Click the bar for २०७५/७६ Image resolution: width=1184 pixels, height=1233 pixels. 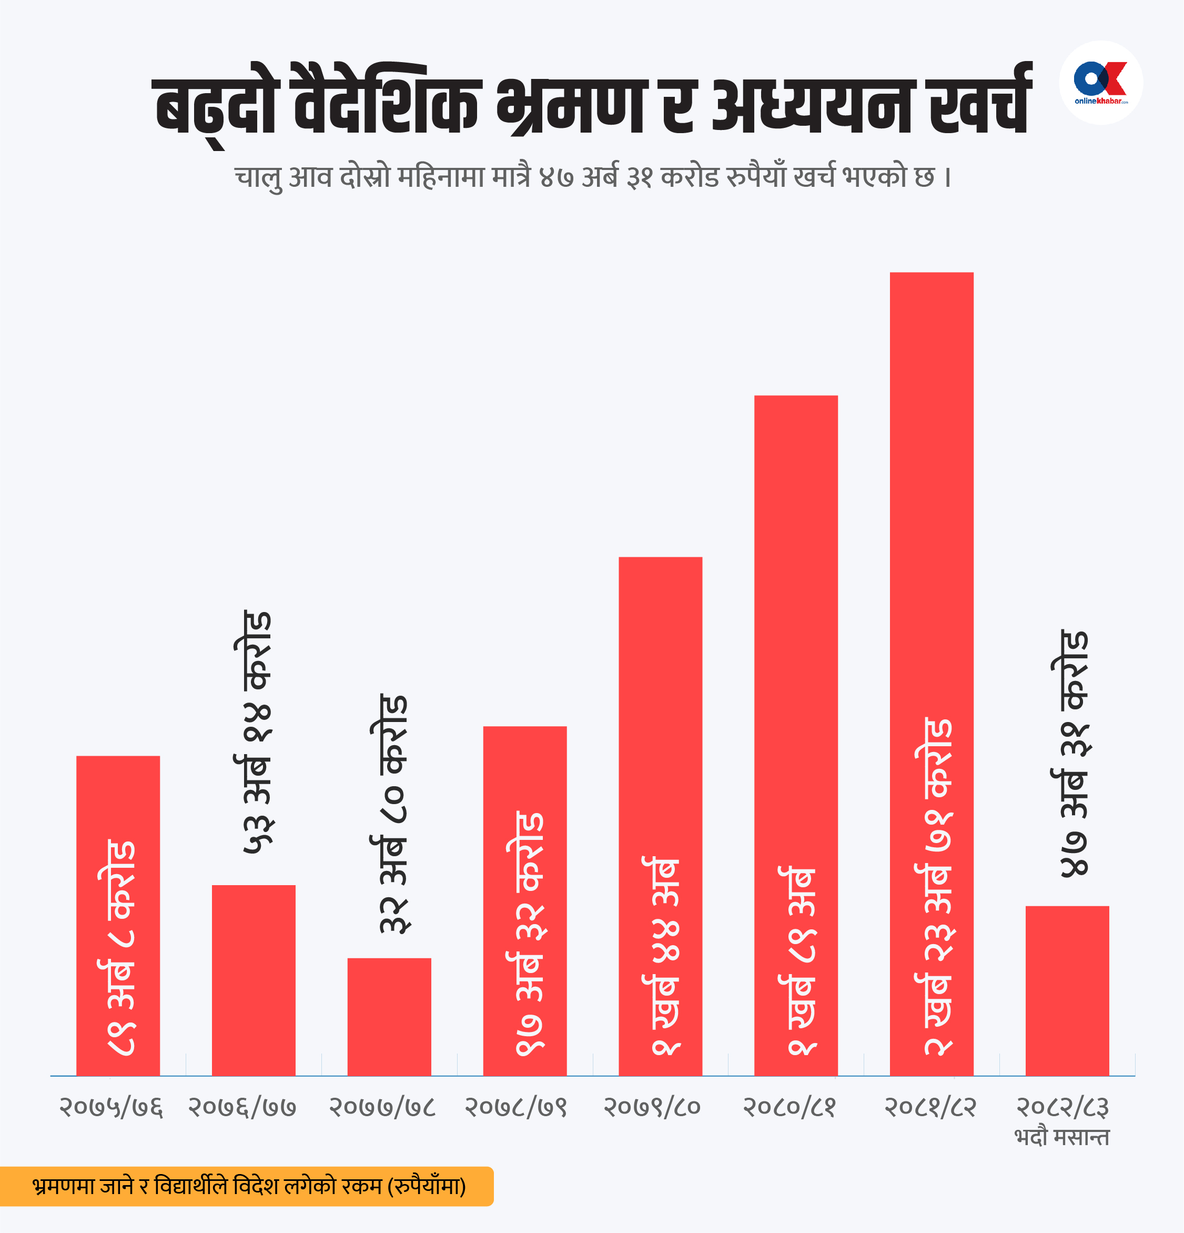coord(118,915)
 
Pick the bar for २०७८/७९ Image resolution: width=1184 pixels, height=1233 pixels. coord(524,901)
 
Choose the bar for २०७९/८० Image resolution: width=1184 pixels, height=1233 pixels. coord(660,816)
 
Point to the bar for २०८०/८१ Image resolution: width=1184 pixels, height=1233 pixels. coord(795,735)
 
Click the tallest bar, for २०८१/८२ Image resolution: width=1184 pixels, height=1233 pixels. coord(931,674)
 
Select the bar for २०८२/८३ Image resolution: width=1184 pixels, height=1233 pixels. coord(1067,991)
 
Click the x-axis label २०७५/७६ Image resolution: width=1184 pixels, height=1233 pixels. coord(112,1107)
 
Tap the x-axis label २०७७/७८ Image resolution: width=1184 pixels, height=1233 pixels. coord(382,1107)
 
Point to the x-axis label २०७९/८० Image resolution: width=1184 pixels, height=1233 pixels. coord(652,1107)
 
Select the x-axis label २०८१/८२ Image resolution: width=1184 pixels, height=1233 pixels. coord(930,1107)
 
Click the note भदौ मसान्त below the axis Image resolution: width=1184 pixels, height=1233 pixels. coord(1062,1137)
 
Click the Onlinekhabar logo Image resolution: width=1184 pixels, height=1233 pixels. coord(1100,83)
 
